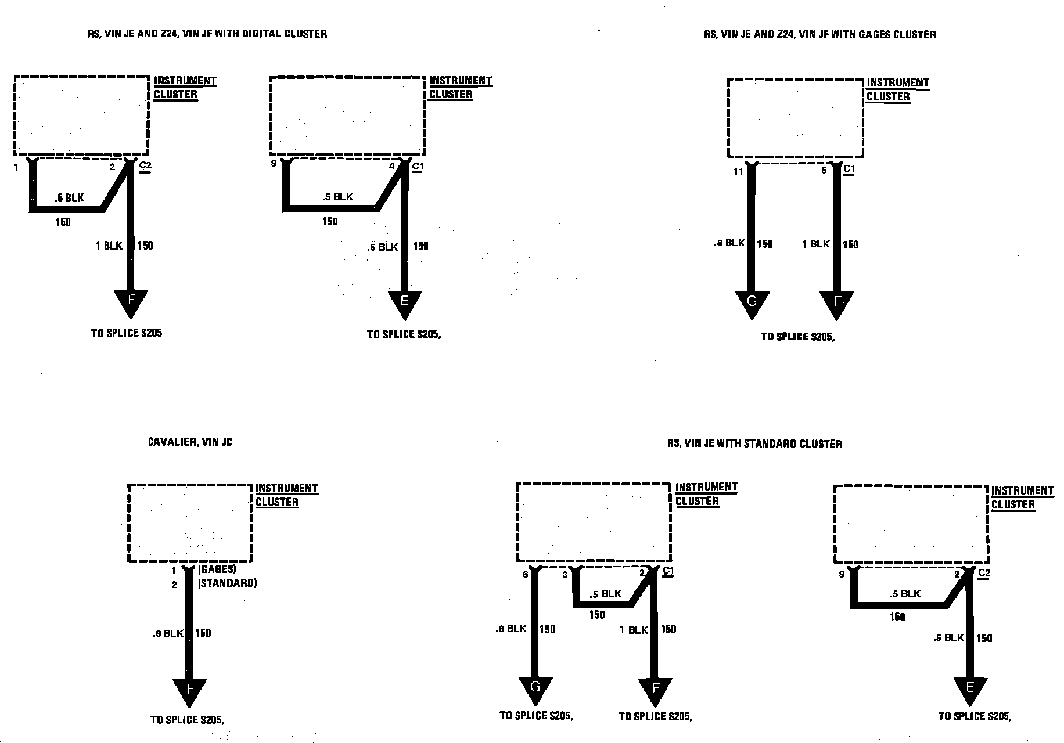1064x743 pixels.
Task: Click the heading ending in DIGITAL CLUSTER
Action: coord(207,34)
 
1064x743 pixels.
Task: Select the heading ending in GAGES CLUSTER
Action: coord(819,34)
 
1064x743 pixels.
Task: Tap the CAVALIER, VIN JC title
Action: coord(190,442)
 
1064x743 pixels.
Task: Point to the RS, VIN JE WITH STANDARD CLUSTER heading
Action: coord(754,444)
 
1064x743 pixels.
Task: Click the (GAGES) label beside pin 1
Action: coord(217,570)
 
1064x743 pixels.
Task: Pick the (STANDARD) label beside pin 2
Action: coord(227,583)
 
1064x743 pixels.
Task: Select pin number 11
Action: coord(738,171)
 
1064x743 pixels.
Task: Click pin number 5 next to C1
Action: coord(824,171)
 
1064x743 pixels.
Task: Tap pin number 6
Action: coord(526,575)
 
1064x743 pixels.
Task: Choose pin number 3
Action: coord(565,575)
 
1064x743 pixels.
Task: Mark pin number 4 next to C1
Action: coord(391,167)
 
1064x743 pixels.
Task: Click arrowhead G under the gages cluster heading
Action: coord(752,302)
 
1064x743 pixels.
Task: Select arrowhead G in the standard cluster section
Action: coord(535,689)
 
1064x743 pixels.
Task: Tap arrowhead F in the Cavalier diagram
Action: coord(189,690)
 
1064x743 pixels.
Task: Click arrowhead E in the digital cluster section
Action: coord(405,302)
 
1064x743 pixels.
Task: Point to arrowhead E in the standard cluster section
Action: coord(970,689)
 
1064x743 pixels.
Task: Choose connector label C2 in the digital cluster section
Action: coord(145,166)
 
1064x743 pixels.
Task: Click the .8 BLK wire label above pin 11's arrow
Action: coord(729,243)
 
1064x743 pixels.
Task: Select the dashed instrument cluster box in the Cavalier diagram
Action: coord(190,523)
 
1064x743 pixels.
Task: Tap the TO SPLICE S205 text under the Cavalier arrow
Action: coord(187,720)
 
